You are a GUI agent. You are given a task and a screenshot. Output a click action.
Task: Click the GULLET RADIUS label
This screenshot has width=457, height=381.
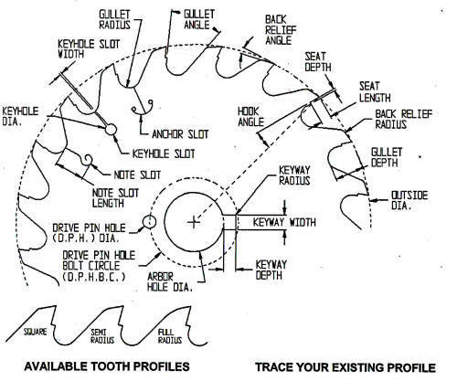(x=115, y=19)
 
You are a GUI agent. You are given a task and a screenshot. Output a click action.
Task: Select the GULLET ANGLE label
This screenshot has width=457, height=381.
(x=199, y=19)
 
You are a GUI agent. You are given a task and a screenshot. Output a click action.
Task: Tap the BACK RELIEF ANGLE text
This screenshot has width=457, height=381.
(x=281, y=30)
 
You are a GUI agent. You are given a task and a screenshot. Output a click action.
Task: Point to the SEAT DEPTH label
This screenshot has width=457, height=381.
(x=318, y=62)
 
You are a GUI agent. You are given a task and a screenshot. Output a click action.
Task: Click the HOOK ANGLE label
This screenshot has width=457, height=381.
(x=250, y=117)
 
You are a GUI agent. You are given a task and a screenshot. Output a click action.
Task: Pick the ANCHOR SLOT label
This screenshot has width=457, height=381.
(x=180, y=134)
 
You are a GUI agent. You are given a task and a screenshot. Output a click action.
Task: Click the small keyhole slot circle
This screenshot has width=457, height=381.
(x=111, y=130)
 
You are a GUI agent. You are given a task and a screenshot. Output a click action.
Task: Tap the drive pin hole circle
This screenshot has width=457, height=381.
(x=150, y=222)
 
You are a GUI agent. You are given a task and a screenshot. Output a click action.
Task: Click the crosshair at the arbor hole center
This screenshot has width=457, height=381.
(x=194, y=222)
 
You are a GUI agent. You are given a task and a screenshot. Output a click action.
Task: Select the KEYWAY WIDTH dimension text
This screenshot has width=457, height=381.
(x=284, y=222)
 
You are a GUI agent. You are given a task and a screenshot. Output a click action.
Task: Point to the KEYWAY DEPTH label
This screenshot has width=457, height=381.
(x=271, y=270)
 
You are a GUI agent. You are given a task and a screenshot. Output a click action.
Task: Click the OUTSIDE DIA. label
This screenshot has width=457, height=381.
(x=409, y=200)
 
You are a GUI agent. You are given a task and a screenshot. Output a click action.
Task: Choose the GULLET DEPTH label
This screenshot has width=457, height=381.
(x=387, y=157)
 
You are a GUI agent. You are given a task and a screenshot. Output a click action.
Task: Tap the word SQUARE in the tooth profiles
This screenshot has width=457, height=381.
(x=36, y=332)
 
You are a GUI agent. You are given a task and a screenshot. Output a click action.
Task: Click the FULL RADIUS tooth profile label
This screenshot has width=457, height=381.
(x=170, y=336)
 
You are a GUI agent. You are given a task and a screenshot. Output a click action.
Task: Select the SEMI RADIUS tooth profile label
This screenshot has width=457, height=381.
(x=102, y=336)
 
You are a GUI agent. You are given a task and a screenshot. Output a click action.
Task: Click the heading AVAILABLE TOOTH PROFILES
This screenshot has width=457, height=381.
(x=107, y=366)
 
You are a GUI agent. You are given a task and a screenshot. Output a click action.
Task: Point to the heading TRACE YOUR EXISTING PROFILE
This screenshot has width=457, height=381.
(x=345, y=367)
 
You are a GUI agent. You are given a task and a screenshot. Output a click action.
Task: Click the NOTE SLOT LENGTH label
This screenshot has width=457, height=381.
(x=115, y=198)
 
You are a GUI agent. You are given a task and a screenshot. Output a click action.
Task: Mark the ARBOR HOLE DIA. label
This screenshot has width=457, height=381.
(x=170, y=281)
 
